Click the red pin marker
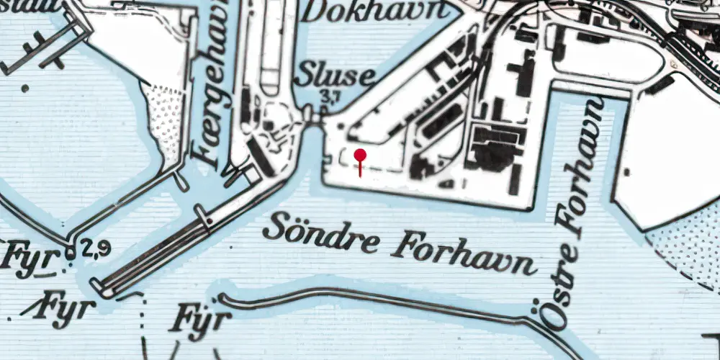coord(360,156)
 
